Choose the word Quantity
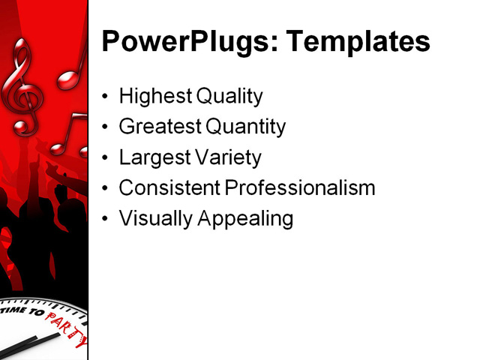(x=245, y=127)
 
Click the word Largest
(x=153, y=158)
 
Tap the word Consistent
(x=169, y=188)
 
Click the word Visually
(x=154, y=219)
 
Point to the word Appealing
(x=244, y=220)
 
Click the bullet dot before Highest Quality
(x=104, y=97)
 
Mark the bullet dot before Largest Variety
(x=104, y=159)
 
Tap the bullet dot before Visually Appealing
(x=104, y=220)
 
